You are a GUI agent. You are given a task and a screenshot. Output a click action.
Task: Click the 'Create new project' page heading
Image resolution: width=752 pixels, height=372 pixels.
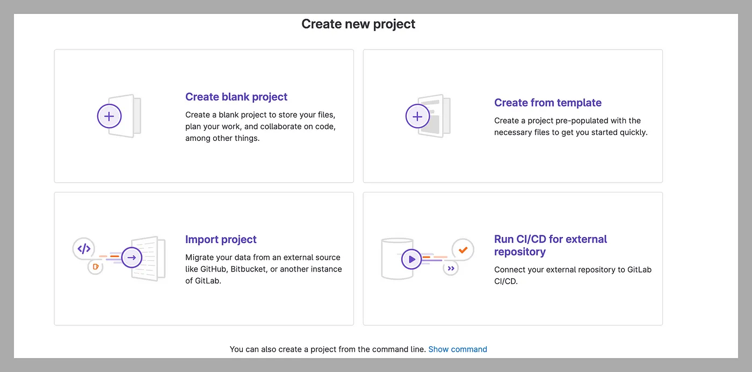point(358,24)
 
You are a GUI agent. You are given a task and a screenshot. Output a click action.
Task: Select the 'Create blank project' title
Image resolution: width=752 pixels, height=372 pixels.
point(236,97)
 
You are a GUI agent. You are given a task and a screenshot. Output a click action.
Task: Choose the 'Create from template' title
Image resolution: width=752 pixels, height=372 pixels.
point(548,103)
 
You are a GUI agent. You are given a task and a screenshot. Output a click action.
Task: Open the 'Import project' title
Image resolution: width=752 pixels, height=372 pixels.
point(221,239)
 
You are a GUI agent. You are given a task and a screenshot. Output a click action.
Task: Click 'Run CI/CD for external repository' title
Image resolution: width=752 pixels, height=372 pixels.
point(551,245)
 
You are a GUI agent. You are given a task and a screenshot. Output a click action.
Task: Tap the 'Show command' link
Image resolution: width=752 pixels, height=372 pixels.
point(458,349)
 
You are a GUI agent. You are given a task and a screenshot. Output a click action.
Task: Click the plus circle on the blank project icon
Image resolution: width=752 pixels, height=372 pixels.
point(109,116)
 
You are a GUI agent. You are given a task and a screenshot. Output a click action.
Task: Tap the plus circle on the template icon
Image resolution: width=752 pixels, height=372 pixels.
point(417,116)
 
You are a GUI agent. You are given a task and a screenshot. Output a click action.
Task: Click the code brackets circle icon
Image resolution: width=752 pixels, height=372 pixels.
point(84,249)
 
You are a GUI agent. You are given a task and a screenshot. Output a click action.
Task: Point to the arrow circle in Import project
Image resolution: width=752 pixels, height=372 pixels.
point(132,257)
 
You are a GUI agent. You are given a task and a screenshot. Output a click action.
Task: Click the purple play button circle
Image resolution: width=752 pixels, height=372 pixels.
point(411,259)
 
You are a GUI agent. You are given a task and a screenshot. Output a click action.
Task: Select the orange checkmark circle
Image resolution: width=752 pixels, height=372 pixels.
point(463,249)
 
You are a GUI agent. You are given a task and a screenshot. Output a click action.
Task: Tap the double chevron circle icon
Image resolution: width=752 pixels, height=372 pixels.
point(451,268)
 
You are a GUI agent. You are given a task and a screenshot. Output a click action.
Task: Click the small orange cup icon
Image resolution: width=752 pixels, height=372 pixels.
point(96,267)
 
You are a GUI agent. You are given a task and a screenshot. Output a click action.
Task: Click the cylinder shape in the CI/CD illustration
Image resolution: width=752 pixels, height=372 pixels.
point(397,259)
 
